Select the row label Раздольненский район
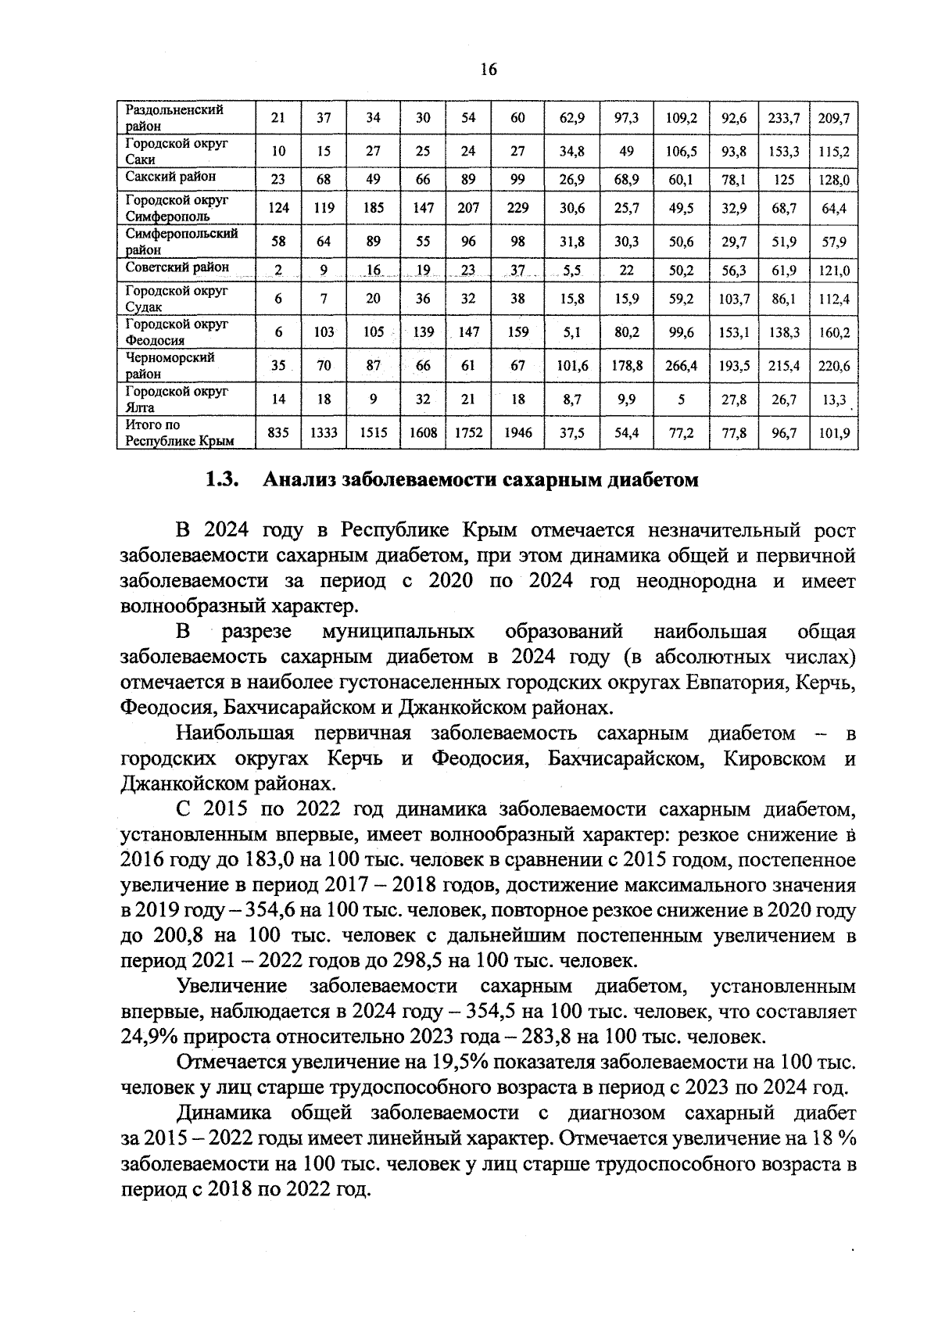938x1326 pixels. [x=175, y=117]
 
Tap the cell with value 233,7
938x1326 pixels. [x=783, y=119]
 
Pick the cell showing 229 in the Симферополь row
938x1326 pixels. [x=517, y=208]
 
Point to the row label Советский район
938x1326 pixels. [x=177, y=267]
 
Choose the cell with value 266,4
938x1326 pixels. [x=681, y=365]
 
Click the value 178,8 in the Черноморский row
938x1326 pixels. [x=627, y=365]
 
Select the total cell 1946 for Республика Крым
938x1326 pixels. [x=517, y=432]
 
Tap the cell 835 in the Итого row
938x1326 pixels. [x=278, y=432]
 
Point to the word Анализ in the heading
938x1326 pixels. [x=300, y=480]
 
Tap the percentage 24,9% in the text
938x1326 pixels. [x=152, y=1038]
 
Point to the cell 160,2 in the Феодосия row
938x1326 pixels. [x=834, y=332]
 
